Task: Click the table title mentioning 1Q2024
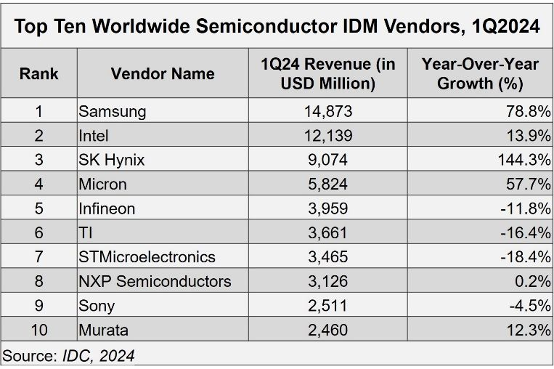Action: [x=277, y=27]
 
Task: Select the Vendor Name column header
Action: [x=163, y=73]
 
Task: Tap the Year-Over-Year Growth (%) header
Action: [x=480, y=73]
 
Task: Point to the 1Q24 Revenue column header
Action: [x=327, y=73]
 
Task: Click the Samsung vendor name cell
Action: [x=113, y=111]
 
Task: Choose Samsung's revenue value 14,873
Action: [x=327, y=111]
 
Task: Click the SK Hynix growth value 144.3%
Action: [x=524, y=160]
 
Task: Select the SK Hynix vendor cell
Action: [x=112, y=160]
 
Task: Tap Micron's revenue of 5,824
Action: [x=327, y=184]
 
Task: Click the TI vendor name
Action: [x=86, y=232]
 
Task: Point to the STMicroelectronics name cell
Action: [x=147, y=256]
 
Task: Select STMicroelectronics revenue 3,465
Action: [x=327, y=256]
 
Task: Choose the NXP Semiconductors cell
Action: [x=155, y=281]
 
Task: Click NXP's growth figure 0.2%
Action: [x=533, y=281]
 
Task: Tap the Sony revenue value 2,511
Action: [x=327, y=305]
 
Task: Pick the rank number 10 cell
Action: [x=39, y=330]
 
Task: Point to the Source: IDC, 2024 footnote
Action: [x=68, y=356]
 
